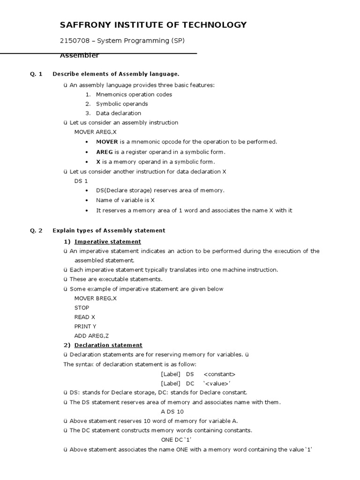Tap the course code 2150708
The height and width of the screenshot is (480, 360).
75,41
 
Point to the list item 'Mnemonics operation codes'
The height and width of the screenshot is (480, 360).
134,94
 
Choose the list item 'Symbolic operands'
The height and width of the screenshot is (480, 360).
121,104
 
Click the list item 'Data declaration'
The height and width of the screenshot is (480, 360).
118,113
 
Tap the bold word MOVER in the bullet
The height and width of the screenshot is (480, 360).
107,142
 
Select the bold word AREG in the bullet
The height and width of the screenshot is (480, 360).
105,152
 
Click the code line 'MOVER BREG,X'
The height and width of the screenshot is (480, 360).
96,298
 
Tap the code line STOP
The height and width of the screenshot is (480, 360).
82,307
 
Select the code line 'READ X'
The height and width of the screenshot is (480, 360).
84,317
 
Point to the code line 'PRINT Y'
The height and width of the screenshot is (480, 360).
85,326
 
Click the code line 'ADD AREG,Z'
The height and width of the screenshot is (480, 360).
92,336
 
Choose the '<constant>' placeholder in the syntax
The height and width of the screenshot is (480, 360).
219,374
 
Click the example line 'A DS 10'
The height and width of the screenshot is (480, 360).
173,412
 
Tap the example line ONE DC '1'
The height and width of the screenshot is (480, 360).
176,440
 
